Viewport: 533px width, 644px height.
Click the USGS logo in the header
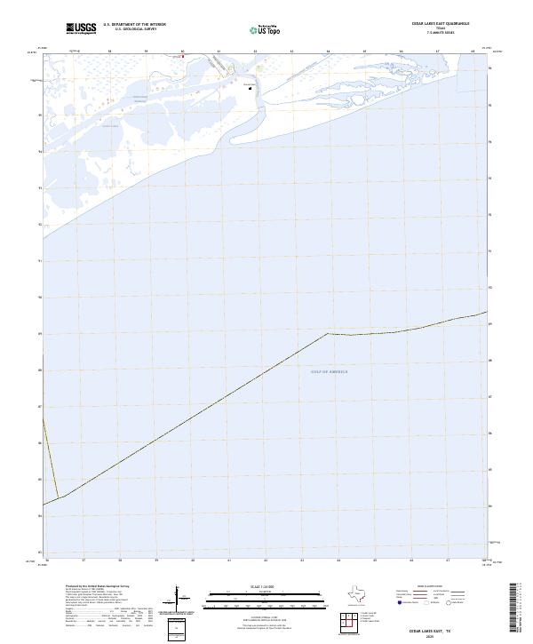pyautogui.click(x=81, y=28)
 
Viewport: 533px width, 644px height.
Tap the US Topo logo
pyautogui.click(x=263, y=29)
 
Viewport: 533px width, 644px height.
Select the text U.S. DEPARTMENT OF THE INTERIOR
pyautogui.click(x=134, y=25)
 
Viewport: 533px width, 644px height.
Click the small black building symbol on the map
pyautogui.click(x=250, y=87)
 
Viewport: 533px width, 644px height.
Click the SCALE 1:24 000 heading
pyautogui.click(x=265, y=587)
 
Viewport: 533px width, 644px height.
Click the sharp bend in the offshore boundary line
pyautogui.click(x=327, y=333)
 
